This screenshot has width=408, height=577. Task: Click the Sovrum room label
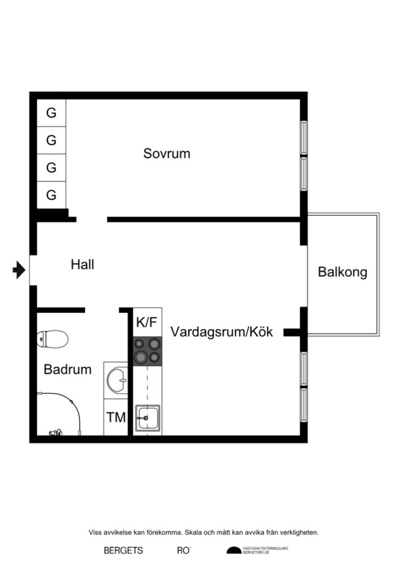(x=166, y=153)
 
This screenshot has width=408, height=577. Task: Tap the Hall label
(x=82, y=264)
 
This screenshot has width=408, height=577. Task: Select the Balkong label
(x=343, y=272)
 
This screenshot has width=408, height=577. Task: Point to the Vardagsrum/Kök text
(x=222, y=332)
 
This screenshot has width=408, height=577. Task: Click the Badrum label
(x=68, y=370)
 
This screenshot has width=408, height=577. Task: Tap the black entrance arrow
(x=19, y=270)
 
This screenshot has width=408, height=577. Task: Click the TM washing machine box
(x=117, y=418)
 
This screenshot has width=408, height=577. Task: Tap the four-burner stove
(x=148, y=350)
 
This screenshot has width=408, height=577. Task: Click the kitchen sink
(x=147, y=418)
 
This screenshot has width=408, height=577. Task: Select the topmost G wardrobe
(x=51, y=113)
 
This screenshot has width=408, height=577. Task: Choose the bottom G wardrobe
(x=51, y=196)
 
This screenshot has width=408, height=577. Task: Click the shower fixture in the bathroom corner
(x=55, y=432)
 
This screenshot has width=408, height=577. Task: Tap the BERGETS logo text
(x=123, y=551)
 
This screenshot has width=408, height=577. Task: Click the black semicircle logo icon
(x=233, y=551)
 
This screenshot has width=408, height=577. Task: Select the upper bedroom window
(x=304, y=138)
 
